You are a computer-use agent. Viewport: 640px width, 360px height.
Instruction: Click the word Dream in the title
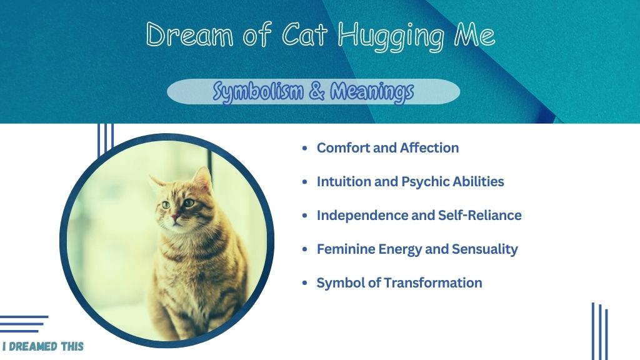tap(189, 34)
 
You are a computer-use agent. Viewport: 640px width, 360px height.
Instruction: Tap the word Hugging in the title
tap(391, 37)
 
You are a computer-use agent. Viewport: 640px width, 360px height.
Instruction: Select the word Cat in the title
tap(304, 34)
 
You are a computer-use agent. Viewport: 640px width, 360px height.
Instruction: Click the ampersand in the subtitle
tap(316, 91)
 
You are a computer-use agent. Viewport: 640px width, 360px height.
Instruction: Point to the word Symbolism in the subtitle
tap(258, 91)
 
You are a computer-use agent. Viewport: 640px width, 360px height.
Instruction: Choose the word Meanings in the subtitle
tap(372, 91)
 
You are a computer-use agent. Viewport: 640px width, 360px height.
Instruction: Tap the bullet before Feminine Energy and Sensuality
tap(304, 249)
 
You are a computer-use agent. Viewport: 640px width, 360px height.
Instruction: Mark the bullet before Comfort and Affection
tap(304, 147)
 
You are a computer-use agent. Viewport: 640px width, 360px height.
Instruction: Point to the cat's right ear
tap(203, 178)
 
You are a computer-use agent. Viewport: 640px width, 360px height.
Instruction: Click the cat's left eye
tap(189, 202)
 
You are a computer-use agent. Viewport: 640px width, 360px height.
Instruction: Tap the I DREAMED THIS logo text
tap(43, 346)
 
